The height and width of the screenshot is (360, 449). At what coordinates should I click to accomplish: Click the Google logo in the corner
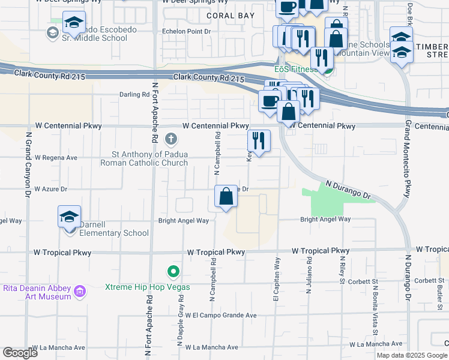click(20, 352)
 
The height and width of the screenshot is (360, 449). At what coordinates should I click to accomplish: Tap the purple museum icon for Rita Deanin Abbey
click(80, 293)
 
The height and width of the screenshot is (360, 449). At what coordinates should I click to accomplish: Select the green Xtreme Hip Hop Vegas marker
click(173, 272)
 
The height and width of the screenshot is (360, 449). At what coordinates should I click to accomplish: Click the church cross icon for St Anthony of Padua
click(171, 140)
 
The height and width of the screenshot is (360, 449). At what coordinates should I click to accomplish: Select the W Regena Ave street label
click(56, 158)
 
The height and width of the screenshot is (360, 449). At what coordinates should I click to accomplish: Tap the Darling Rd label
click(134, 95)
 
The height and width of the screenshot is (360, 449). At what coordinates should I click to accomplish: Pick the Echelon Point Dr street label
click(187, 31)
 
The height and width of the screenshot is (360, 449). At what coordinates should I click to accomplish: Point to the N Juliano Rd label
click(310, 275)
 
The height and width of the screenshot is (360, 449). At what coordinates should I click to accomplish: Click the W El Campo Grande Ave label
click(221, 315)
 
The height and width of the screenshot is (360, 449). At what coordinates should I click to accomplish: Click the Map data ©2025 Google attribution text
click(412, 355)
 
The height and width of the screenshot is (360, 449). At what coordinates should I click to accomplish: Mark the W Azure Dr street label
click(51, 189)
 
